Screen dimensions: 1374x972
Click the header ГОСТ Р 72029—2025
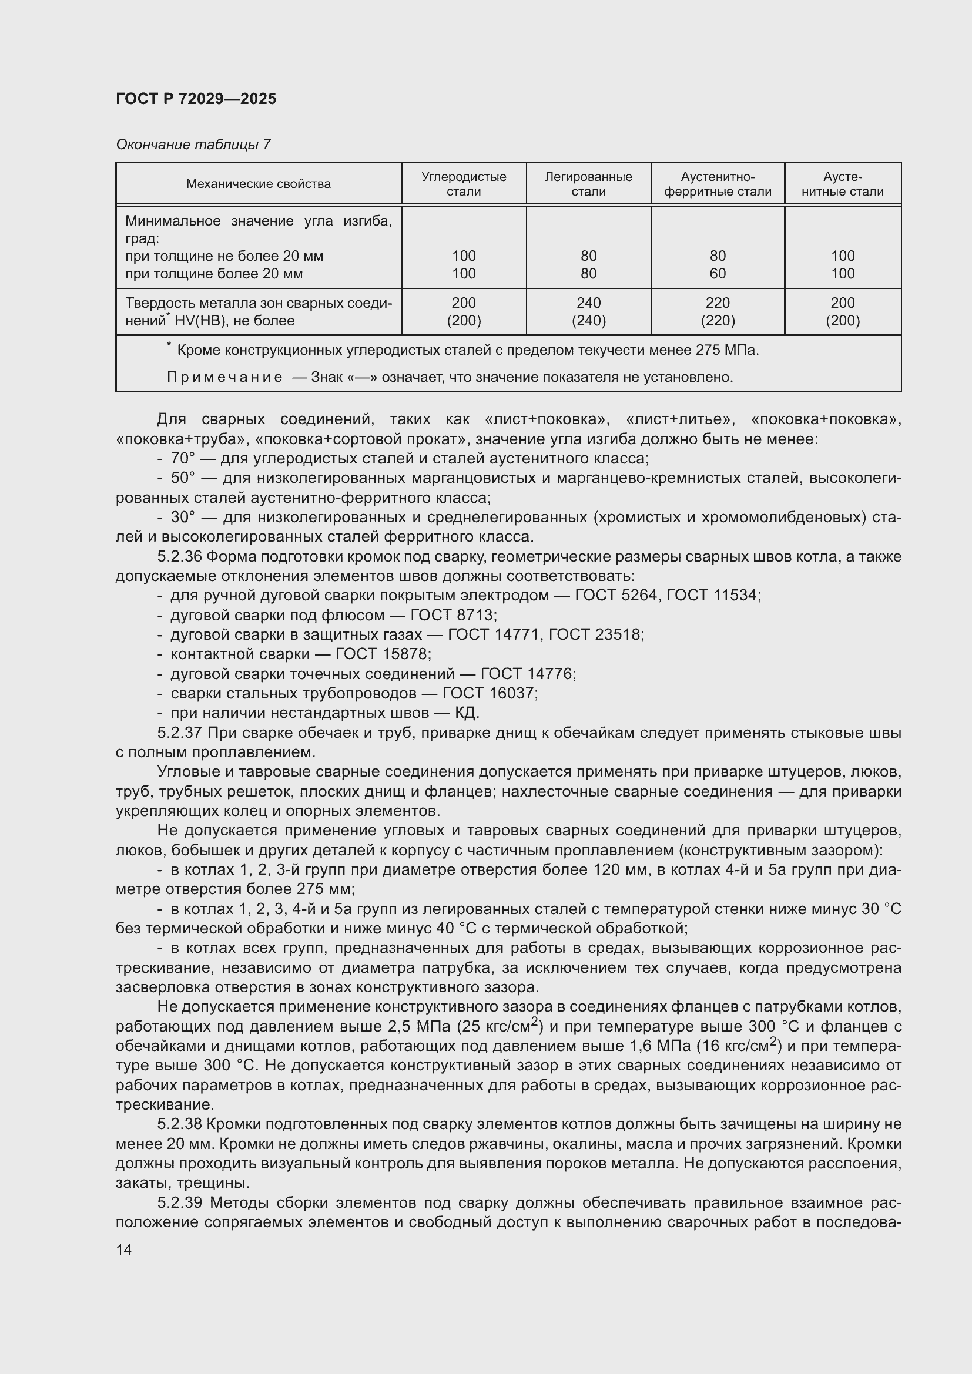coord(196,99)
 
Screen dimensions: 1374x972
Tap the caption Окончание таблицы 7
coord(193,145)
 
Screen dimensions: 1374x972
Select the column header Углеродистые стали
coord(463,184)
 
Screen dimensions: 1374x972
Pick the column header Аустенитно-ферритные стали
coord(717,184)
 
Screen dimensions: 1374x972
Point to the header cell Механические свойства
coord(258,184)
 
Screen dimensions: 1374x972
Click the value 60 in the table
coord(717,274)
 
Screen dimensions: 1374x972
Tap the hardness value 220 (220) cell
coord(717,311)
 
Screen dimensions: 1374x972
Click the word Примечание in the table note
coord(224,377)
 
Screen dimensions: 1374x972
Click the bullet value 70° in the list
coord(183,458)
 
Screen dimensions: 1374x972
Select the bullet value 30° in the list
coord(183,517)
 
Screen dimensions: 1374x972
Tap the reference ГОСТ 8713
coord(453,615)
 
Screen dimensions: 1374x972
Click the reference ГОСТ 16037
coord(489,693)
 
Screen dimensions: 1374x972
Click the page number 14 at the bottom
coord(124,1249)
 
